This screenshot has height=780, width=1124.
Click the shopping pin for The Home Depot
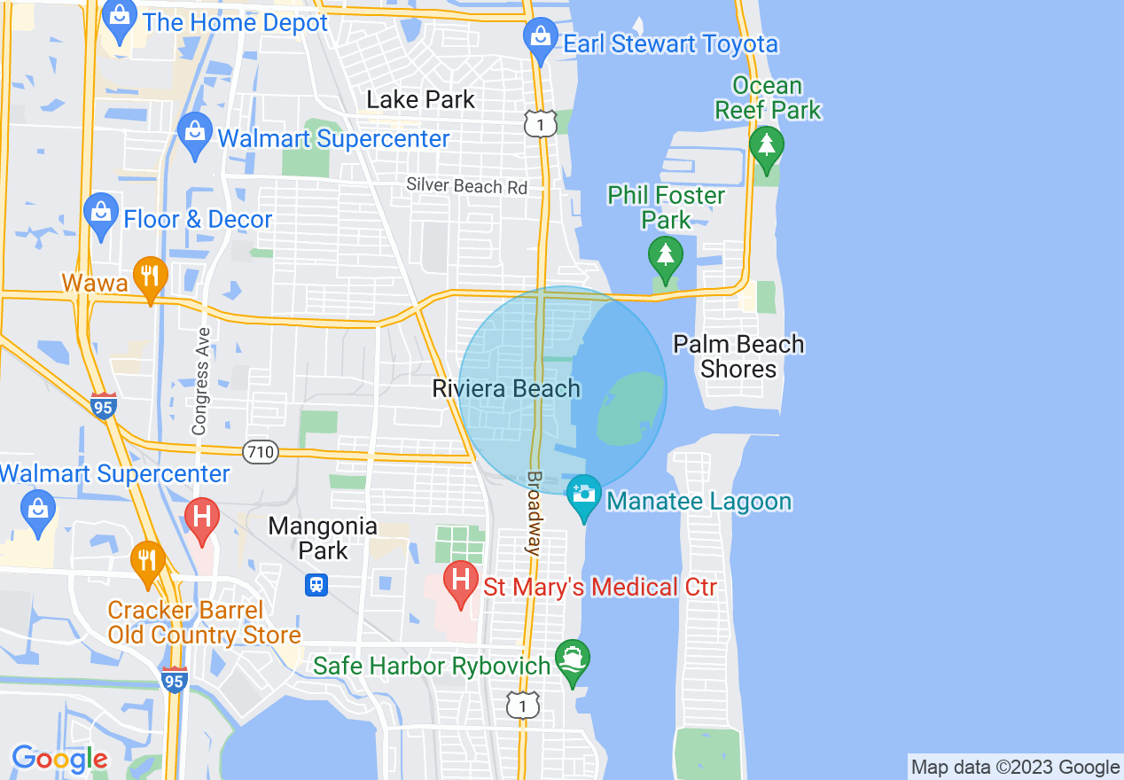118,19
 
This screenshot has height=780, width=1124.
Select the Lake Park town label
421,99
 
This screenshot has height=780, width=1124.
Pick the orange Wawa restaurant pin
150,278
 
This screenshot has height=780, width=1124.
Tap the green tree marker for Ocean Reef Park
766,147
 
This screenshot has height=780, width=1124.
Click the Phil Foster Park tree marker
665,257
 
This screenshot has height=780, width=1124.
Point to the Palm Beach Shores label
738,356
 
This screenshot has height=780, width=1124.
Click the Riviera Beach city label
506,388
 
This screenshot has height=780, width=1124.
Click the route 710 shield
261,452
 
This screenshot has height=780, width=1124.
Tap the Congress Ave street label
201,381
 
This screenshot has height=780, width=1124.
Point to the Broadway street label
534,513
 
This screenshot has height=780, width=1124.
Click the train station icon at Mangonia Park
317,584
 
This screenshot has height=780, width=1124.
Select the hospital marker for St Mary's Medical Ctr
460,582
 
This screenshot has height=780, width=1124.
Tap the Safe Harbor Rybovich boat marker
572,661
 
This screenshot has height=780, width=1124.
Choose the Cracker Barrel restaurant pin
148,562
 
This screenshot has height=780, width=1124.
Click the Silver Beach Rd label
466,186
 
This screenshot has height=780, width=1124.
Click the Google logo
59,759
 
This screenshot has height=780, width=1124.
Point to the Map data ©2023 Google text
1016,767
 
